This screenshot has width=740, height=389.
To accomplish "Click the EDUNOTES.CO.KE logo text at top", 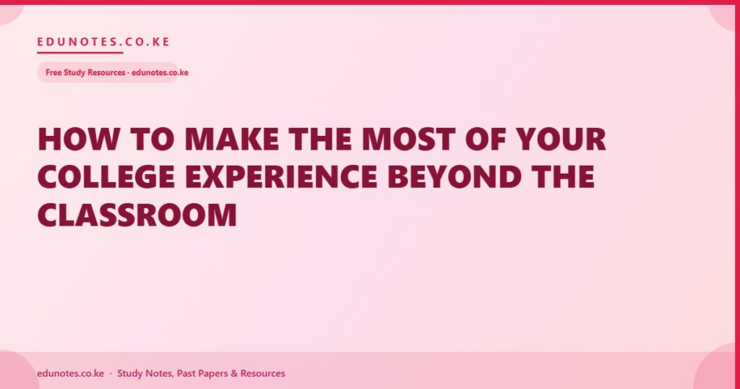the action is [x=103, y=41].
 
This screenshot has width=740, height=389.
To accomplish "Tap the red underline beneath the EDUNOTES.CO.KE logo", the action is [x=80, y=52].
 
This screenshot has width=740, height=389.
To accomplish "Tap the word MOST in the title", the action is [x=409, y=139].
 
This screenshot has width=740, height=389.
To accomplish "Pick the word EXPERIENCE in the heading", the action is [x=281, y=176].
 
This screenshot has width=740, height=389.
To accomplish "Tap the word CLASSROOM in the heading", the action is [x=137, y=215].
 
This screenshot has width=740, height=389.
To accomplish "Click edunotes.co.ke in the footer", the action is [x=70, y=373].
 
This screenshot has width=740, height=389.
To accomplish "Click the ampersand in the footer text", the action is [x=234, y=373].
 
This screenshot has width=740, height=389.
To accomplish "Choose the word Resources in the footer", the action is [x=263, y=373].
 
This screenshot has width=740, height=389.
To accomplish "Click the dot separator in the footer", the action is [x=111, y=373].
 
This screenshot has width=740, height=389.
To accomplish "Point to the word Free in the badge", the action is [x=53, y=72].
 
